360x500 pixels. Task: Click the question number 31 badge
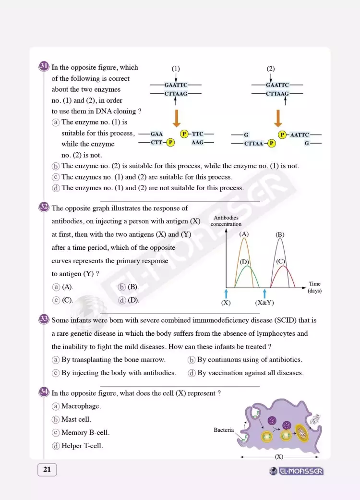[x=44, y=66]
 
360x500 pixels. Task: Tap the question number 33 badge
[x=44, y=319]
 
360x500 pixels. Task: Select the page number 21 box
[x=47, y=470]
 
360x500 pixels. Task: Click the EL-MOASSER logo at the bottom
[x=297, y=471]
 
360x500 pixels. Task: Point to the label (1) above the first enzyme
[x=176, y=69]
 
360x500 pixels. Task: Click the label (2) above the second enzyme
[x=271, y=69]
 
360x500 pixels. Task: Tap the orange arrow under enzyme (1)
[x=176, y=117]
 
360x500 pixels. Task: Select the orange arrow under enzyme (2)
[x=277, y=117]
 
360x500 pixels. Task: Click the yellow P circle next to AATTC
[x=282, y=135]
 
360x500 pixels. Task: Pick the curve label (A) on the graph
[x=244, y=234]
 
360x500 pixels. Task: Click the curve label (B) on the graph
[x=280, y=234]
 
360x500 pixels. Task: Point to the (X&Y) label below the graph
[x=264, y=303]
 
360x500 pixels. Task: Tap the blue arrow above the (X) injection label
[x=226, y=293]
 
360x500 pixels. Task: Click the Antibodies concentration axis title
[x=226, y=221]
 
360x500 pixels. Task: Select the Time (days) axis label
[x=314, y=287]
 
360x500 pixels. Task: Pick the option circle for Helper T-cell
[x=56, y=446]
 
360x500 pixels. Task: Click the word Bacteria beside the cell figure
[x=224, y=430]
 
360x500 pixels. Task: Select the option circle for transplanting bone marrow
[x=56, y=360]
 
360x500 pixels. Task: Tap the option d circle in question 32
[x=122, y=300]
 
